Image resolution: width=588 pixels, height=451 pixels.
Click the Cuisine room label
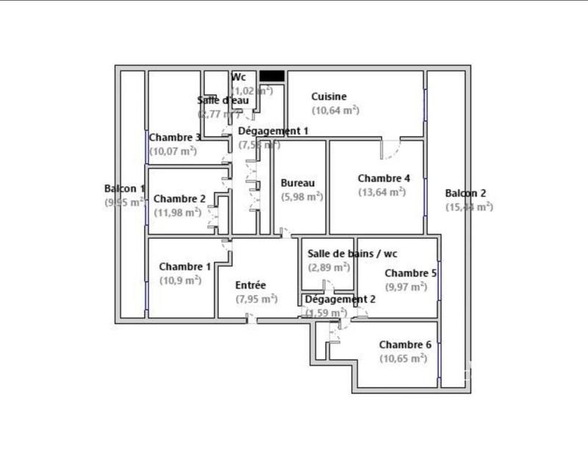pyautogui.click(x=329, y=96)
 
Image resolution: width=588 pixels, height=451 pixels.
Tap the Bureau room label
pyautogui.click(x=298, y=183)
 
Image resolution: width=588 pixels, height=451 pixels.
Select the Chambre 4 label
pyautogui.click(x=384, y=178)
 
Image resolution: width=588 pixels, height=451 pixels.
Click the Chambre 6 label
pyautogui.click(x=405, y=344)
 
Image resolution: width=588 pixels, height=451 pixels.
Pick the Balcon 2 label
pyautogui.click(x=465, y=193)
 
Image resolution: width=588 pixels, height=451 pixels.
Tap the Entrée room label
pyautogui.click(x=251, y=285)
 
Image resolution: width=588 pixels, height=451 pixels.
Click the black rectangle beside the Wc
pyautogui.click(x=272, y=76)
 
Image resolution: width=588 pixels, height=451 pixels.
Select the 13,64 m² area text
pyautogui.click(x=381, y=192)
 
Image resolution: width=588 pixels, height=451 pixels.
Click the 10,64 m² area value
pyautogui.click(x=335, y=110)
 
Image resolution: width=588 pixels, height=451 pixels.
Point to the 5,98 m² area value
pyautogui.click(x=302, y=196)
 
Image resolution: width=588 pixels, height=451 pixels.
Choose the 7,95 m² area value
pyautogui.click(x=256, y=299)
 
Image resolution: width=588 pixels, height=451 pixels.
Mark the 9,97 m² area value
pyautogui.click(x=406, y=286)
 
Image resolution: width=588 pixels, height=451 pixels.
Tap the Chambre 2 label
pyautogui.click(x=180, y=199)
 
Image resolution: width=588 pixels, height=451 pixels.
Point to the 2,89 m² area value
pyautogui.click(x=329, y=267)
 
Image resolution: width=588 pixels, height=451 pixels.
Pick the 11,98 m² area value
pyautogui.click(x=177, y=213)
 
